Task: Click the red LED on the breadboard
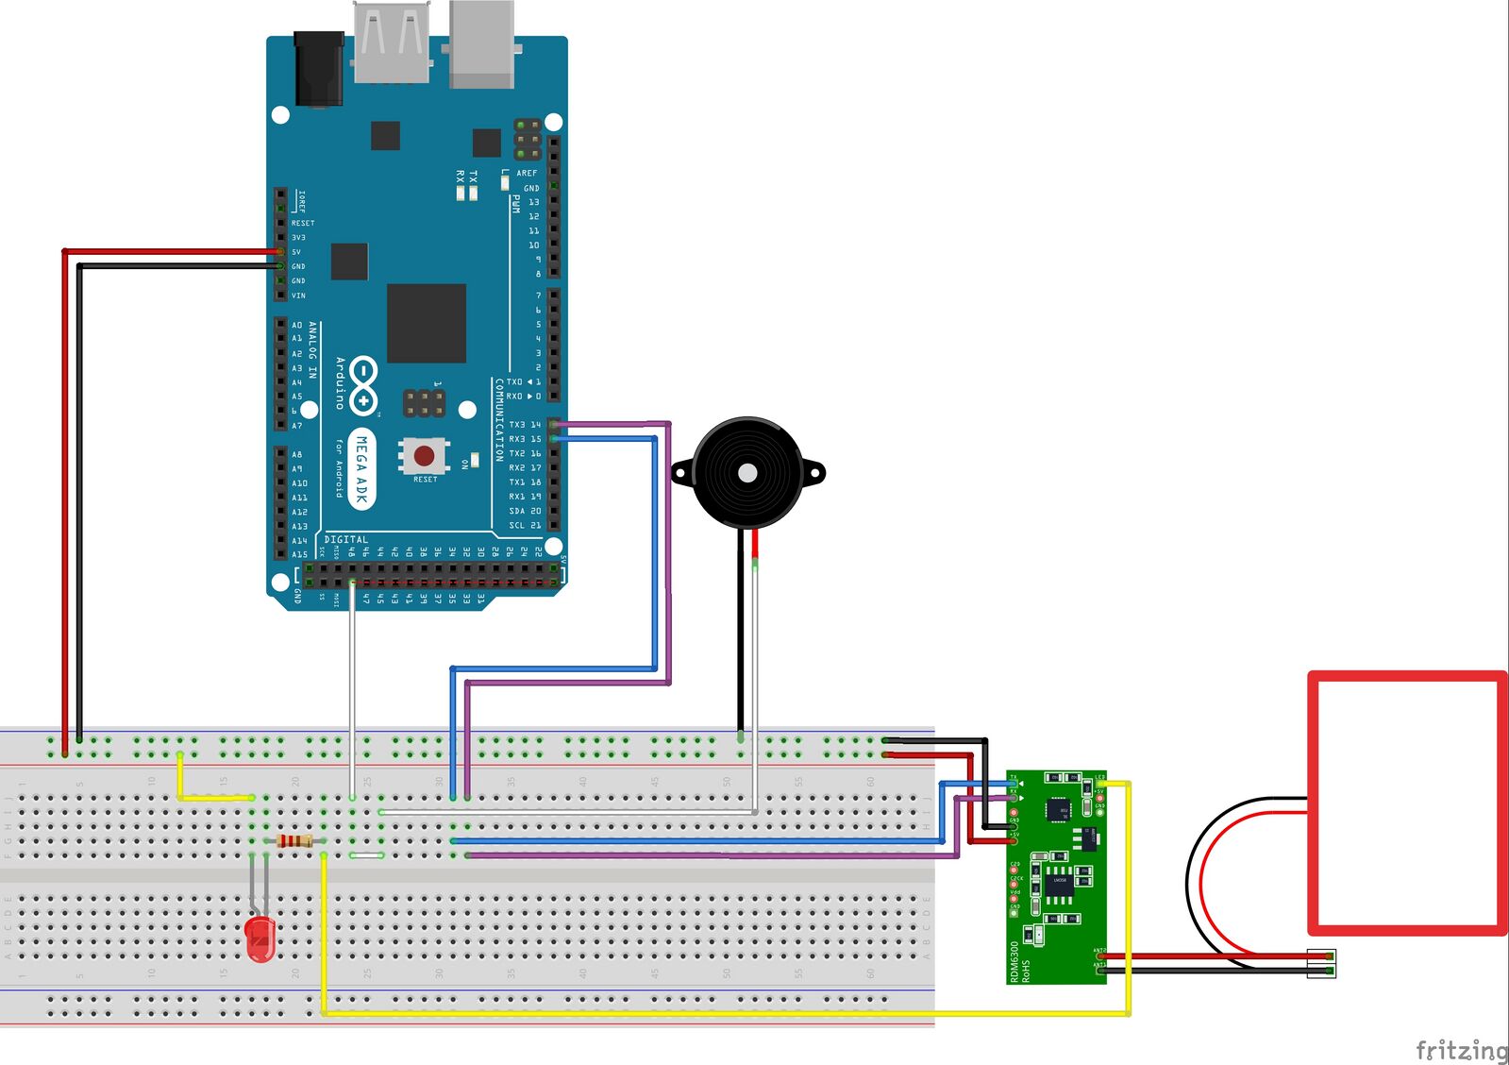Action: (260, 938)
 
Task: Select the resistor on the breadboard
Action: (295, 841)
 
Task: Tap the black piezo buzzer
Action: (746, 473)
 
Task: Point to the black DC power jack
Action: (318, 68)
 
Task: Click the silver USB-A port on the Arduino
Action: (392, 42)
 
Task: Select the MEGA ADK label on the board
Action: (361, 469)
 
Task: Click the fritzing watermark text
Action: (1461, 1050)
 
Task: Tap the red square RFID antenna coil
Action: (1406, 803)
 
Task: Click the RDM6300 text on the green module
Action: (1014, 961)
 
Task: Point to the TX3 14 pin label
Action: (525, 425)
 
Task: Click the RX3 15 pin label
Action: (525, 439)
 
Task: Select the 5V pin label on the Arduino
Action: (296, 252)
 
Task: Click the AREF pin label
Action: (527, 173)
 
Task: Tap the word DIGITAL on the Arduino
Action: (346, 540)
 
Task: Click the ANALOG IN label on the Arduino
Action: (313, 349)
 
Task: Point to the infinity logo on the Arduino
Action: (363, 385)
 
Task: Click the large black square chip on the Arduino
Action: (427, 323)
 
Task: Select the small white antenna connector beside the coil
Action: (1321, 963)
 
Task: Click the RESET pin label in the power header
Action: (303, 224)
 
